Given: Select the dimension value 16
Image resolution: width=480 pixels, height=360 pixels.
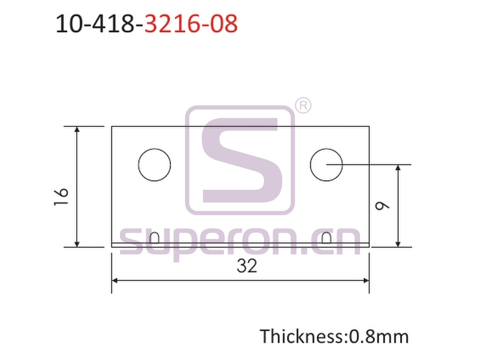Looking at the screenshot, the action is point(61,197).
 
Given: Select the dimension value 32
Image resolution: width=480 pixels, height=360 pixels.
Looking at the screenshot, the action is point(247,266).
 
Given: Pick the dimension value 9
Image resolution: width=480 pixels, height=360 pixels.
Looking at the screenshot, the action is point(382,205).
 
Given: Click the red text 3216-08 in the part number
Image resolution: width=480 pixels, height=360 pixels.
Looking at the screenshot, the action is point(191,23).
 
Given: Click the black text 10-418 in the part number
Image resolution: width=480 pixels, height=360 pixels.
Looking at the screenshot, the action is point(95,23).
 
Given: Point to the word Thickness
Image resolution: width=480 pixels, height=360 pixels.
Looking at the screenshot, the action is point(301,336).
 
